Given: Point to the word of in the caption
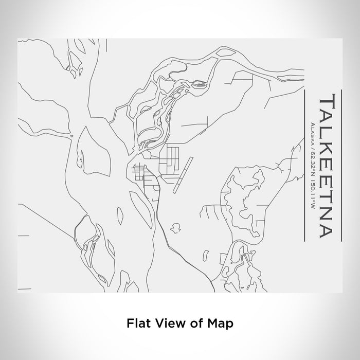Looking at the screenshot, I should (194, 323).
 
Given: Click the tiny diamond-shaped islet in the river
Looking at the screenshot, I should (71, 136).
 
